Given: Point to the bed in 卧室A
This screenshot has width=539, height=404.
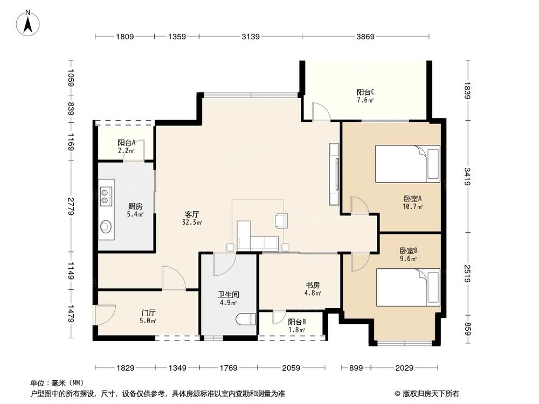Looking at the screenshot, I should click(407, 164).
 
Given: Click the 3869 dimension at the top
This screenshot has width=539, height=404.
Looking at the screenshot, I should click(365, 37).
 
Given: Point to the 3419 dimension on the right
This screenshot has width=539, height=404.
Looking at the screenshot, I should click(467, 176).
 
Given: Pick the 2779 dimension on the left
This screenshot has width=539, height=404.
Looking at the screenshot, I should click(71, 207).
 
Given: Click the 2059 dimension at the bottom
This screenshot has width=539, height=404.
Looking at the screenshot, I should click(291, 368).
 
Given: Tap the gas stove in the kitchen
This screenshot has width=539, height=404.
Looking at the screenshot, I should click(105, 195).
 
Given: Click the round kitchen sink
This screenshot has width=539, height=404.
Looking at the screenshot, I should click(106, 227).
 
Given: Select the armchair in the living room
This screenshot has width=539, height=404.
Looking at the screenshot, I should click(281, 219).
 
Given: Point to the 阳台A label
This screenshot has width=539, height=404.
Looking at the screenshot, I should click(126, 147).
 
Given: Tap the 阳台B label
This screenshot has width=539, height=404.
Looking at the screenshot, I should click(296, 326).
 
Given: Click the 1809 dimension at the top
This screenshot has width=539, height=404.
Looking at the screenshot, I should click(125, 37).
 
